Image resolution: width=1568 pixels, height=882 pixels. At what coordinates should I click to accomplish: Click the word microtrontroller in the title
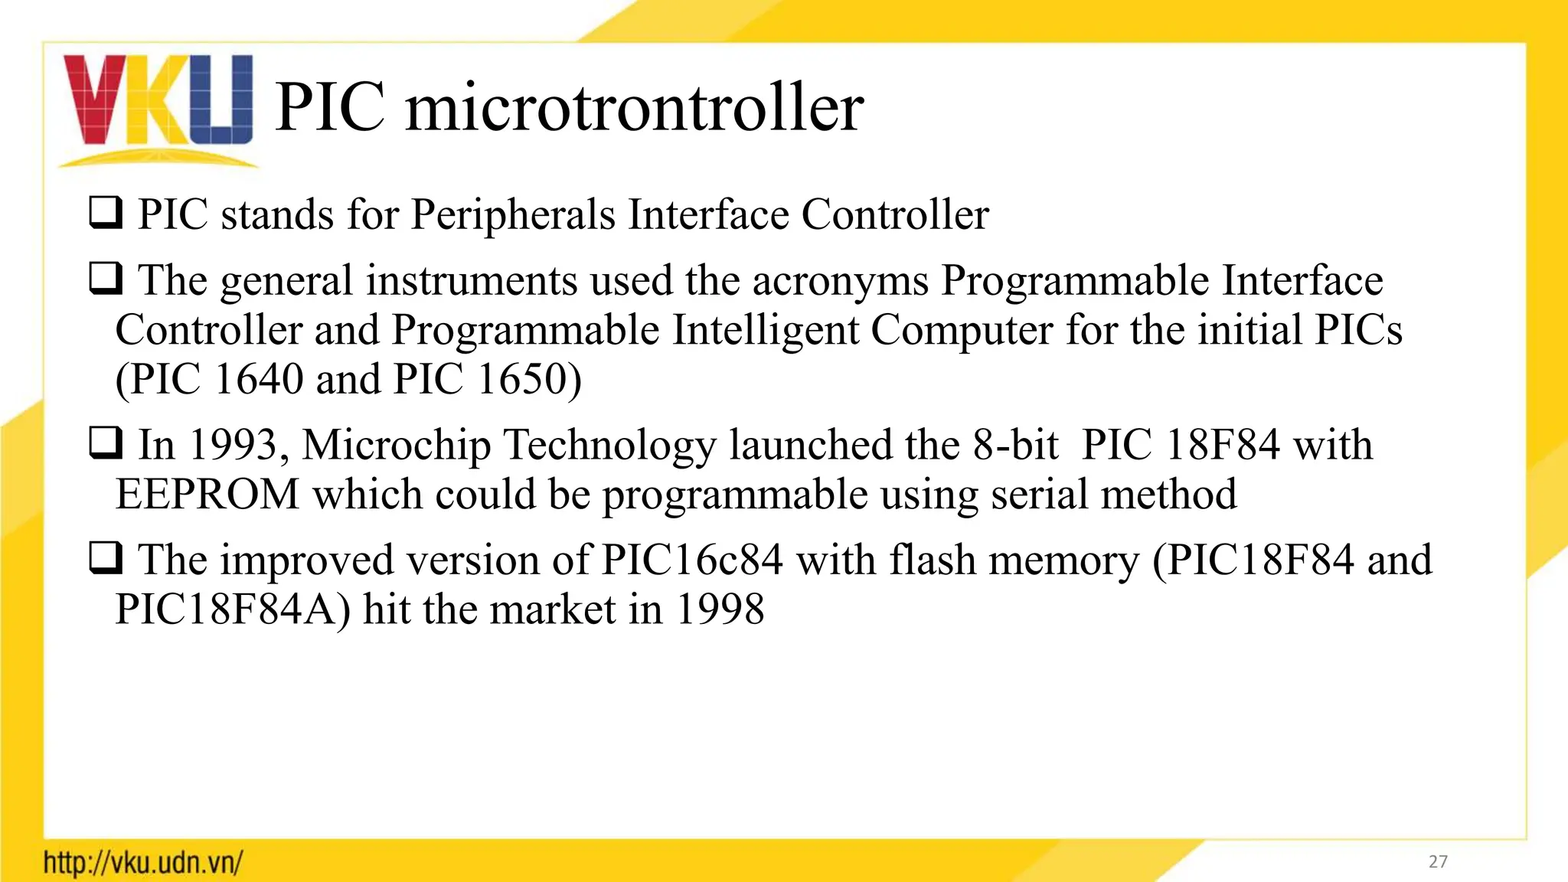coord(635,108)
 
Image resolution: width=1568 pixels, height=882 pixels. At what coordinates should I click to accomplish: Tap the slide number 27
coord(1438,862)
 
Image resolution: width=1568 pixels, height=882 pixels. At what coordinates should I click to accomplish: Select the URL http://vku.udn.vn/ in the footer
coord(143,863)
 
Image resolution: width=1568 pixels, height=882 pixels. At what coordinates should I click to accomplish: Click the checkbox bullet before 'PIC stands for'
coord(106,214)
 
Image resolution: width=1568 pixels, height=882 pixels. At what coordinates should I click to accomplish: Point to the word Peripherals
coord(513,214)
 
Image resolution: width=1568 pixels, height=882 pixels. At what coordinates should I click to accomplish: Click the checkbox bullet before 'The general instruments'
coord(106,279)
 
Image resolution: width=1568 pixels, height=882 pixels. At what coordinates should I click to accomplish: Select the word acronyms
coord(840,281)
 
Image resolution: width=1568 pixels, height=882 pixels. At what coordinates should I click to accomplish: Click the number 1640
coord(259,379)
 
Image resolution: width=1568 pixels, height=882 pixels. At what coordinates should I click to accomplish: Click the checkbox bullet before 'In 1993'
coord(106,443)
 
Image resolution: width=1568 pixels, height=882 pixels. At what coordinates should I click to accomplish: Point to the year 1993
coord(232,445)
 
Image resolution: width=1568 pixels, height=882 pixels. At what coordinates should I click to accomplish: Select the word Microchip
coord(396,445)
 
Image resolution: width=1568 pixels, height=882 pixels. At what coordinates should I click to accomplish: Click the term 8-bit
coord(1016,445)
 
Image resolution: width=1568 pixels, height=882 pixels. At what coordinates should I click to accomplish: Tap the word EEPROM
coord(207,495)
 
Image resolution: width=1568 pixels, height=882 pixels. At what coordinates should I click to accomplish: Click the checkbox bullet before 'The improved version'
coord(106,559)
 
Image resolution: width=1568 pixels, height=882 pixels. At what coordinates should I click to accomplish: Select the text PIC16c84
coord(692,560)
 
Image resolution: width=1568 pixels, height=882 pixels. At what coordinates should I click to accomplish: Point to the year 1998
coord(720,610)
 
